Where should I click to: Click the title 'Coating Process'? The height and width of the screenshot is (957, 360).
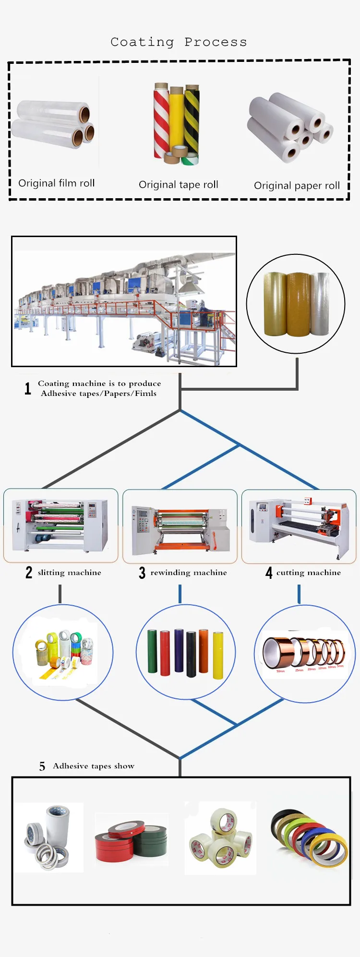pos(179,42)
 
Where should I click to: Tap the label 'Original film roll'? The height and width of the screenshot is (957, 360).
pos(56,183)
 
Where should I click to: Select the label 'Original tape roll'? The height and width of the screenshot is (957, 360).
pos(178,185)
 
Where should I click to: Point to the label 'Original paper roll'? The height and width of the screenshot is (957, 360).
pos(297,186)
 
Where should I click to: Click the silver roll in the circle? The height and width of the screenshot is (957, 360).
pos(319,303)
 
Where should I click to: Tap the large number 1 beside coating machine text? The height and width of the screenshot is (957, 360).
pos(28,388)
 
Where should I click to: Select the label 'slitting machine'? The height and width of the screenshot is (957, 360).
pos(69,573)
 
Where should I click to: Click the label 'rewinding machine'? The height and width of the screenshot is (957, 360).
pos(188,573)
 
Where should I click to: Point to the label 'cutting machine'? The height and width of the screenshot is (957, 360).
pos(308,573)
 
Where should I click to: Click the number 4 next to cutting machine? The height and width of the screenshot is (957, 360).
pos(269,573)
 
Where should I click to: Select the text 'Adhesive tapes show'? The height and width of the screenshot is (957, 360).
pos(94,766)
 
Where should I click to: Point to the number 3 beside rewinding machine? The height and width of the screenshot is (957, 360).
pos(142,573)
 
